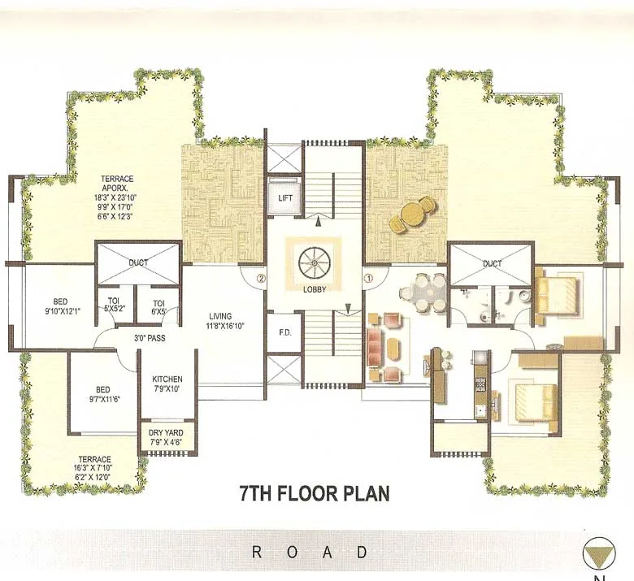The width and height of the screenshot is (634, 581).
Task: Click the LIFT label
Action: click(x=284, y=197)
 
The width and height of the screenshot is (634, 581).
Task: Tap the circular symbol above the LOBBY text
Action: click(x=312, y=264)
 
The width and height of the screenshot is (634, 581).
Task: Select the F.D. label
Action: click(x=284, y=332)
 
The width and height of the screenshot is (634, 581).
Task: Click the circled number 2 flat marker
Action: click(x=261, y=278)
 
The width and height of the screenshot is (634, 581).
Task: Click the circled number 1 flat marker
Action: click(x=367, y=278)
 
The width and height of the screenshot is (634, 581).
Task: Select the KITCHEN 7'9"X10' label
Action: click(x=167, y=384)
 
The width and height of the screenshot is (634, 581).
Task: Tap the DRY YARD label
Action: click(x=166, y=438)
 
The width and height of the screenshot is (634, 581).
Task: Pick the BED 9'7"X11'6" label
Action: click(x=102, y=394)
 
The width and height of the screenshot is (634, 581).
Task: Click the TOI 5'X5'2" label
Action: click(x=114, y=305)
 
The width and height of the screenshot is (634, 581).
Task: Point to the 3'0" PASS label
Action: click(x=150, y=337)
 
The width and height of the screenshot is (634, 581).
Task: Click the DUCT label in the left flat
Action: click(x=138, y=263)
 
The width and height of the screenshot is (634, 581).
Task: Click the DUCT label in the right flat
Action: click(x=492, y=263)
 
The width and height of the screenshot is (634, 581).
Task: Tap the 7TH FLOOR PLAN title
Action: click(x=315, y=493)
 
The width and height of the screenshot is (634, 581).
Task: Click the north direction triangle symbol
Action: click(x=600, y=554)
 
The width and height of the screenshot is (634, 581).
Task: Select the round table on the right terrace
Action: click(x=414, y=214)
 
